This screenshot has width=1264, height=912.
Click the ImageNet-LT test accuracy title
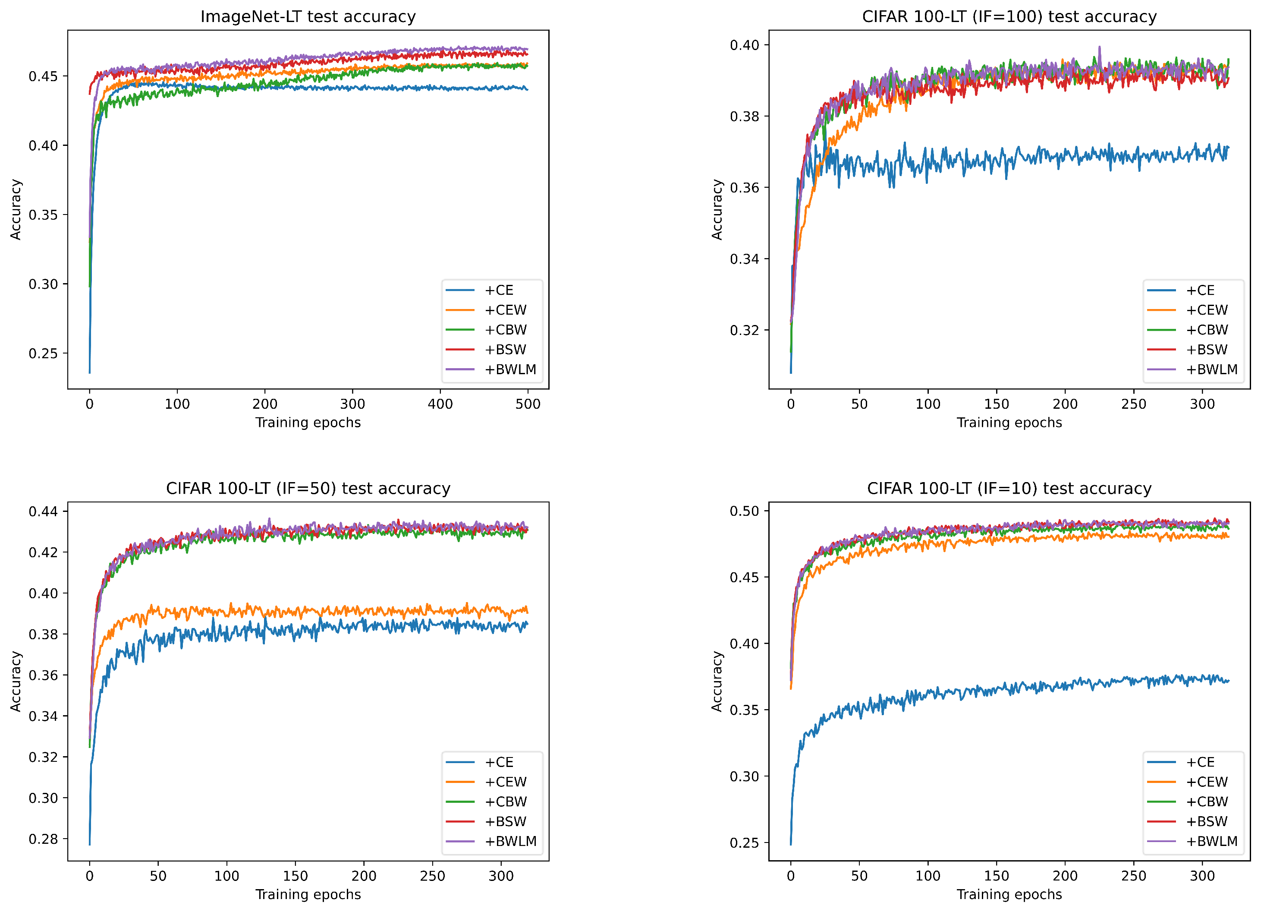pos(308,17)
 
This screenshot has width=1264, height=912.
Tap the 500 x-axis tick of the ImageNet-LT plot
pos(528,404)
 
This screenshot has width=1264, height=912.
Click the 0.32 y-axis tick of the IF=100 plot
pos(745,330)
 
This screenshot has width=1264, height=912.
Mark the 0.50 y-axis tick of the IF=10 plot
pos(745,511)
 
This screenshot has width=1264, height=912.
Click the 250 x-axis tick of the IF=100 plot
pos(1134,404)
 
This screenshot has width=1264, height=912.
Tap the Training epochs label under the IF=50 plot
pos(308,894)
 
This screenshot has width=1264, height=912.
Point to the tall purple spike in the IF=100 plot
pos(1100,48)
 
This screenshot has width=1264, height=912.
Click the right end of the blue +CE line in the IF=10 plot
pos(1228,681)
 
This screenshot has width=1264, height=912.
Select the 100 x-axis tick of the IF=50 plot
pos(226,876)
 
